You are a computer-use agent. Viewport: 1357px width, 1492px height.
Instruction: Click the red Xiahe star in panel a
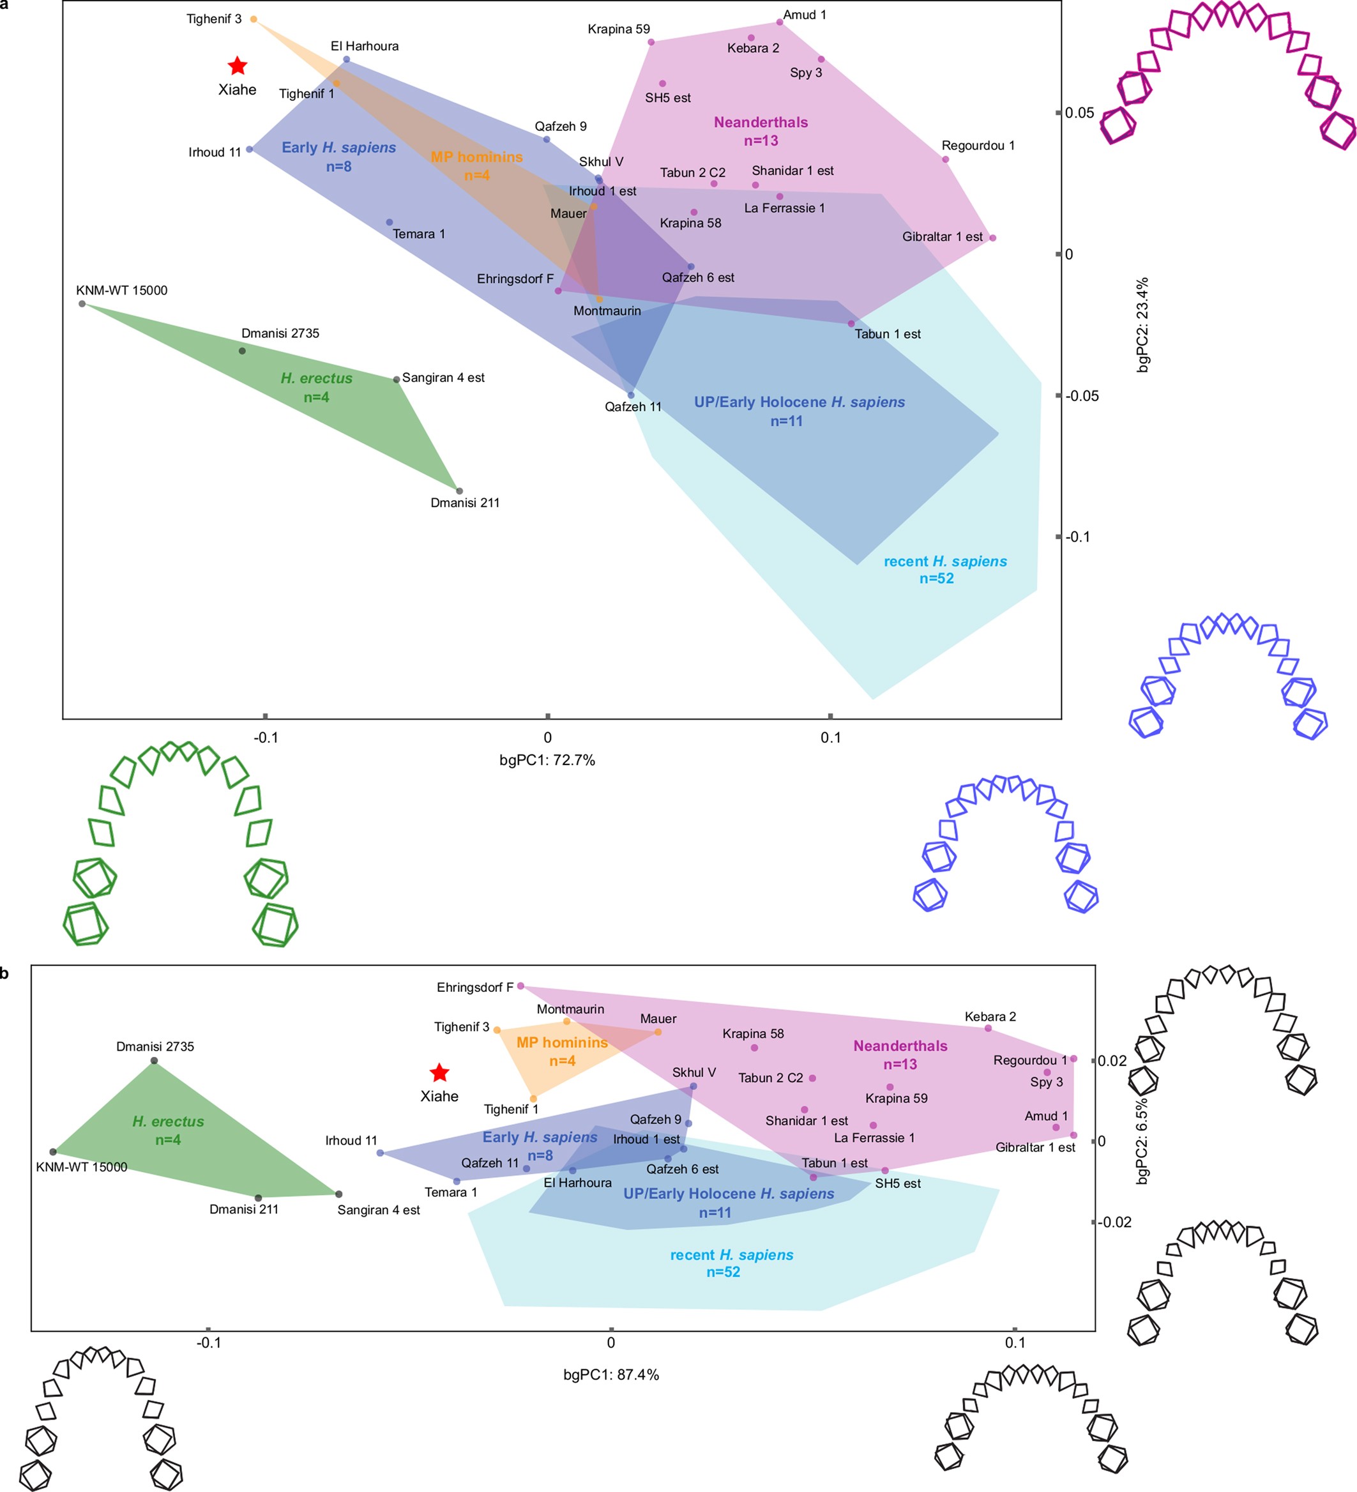(237, 66)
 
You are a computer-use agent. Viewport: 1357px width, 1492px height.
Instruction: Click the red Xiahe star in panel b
(439, 1072)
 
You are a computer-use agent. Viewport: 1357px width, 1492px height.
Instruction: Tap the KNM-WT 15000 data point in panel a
(81, 303)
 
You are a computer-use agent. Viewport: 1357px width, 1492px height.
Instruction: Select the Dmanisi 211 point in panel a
(460, 491)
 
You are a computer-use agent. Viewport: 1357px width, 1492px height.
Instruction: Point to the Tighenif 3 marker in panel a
(254, 19)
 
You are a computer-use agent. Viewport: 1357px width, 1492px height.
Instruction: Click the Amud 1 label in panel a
(804, 15)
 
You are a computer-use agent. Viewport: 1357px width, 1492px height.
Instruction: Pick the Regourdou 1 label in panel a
(978, 145)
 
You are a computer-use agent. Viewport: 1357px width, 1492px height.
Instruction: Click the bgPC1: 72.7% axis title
(547, 760)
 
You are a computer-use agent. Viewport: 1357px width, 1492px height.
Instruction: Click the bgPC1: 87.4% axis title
(610, 1374)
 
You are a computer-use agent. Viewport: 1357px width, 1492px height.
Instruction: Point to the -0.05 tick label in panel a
(1081, 396)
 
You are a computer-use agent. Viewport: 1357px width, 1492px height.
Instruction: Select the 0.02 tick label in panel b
(1112, 1060)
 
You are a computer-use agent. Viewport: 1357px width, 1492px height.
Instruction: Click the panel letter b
(4, 973)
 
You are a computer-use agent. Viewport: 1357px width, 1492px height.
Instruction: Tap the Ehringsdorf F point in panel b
(520, 986)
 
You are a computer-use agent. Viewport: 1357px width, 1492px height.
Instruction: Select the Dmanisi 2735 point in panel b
(154, 1060)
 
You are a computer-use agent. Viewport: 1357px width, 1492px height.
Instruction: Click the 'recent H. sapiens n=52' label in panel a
(945, 569)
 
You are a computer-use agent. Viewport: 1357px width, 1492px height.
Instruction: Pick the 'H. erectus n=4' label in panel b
(168, 1130)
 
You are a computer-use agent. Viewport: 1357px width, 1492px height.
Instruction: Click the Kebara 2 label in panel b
(989, 1016)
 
